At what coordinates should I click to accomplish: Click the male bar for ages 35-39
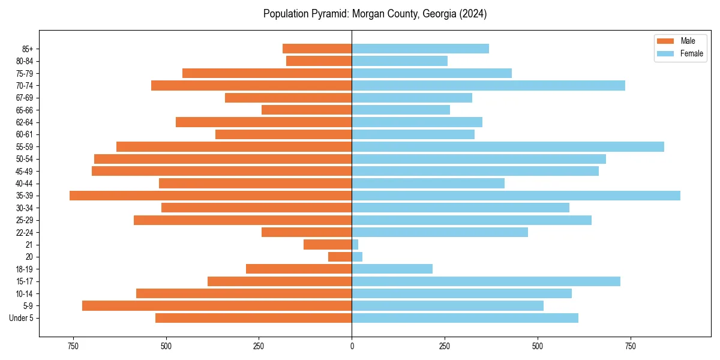point(210,196)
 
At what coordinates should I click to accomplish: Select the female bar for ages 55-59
point(508,146)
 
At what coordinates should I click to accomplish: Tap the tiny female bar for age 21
point(355,244)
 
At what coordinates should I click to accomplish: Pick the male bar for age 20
point(340,257)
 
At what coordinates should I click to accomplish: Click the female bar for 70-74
point(488,85)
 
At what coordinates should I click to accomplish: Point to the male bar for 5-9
point(217,306)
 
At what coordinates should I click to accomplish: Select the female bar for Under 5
point(465,318)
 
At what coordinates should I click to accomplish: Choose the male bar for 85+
point(317,49)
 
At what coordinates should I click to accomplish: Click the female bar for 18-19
point(392,269)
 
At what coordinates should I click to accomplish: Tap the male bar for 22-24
point(307,232)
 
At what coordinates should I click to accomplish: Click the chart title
point(375,14)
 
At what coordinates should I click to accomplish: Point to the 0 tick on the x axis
point(352,346)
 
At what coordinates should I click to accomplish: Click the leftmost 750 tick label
point(73,346)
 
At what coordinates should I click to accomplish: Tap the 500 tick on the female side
point(538,346)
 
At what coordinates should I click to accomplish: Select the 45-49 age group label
point(25,171)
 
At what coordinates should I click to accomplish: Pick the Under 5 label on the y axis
point(22,318)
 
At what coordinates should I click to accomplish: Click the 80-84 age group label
point(25,61)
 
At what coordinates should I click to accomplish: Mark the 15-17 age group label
point(25,281)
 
